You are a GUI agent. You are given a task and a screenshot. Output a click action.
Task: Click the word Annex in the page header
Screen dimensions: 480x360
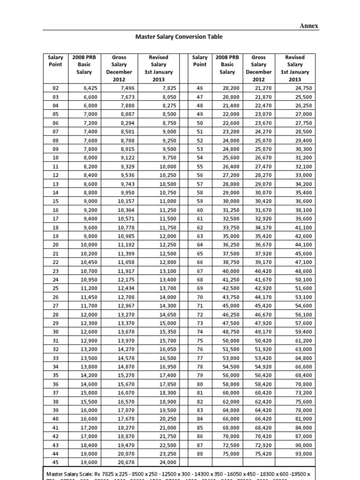[309, 26]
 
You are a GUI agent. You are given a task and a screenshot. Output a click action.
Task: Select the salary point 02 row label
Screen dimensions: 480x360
[55, 87]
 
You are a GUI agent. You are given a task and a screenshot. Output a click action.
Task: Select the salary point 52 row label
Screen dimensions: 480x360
[200, 140]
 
